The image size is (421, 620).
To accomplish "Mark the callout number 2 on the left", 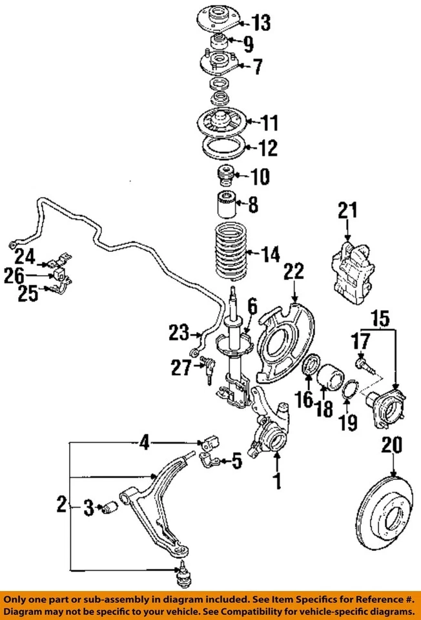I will pyautogui.click(x=60, y=504).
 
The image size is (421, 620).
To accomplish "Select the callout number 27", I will pyautogui.click(x=181, y=367).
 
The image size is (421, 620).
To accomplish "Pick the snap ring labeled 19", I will pyautogui.click(x=347, y=390).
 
